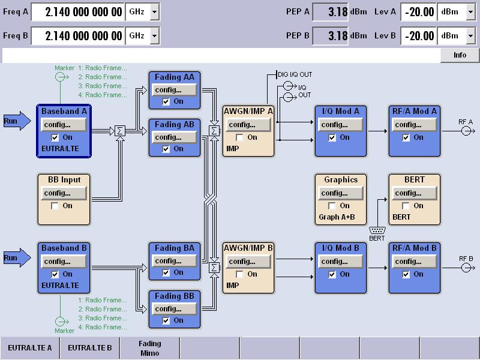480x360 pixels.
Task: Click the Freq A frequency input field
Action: click(77, 11)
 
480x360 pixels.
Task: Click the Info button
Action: click(460, 55)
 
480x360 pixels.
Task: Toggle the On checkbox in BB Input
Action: click(55, 206)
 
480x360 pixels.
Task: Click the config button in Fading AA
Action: click(173, 90)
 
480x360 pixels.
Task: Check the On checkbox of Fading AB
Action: click(166, 149)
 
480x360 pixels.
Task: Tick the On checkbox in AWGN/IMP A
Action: click(240, 137)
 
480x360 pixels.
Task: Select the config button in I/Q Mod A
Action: click(339, 125)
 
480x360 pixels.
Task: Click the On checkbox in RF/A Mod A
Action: click(406, 137)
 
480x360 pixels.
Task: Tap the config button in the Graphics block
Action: click(339, 193)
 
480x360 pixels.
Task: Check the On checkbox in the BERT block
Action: click(406, 206)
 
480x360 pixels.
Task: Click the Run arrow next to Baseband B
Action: click(16, 258)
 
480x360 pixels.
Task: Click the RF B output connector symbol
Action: click(466, 267)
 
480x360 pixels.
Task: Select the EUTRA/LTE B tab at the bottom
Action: click(89, 347)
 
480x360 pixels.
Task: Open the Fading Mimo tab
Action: click(149, 348)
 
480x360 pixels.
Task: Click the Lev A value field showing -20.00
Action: click(418, 11)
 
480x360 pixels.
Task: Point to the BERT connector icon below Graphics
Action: click(377, 230)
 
